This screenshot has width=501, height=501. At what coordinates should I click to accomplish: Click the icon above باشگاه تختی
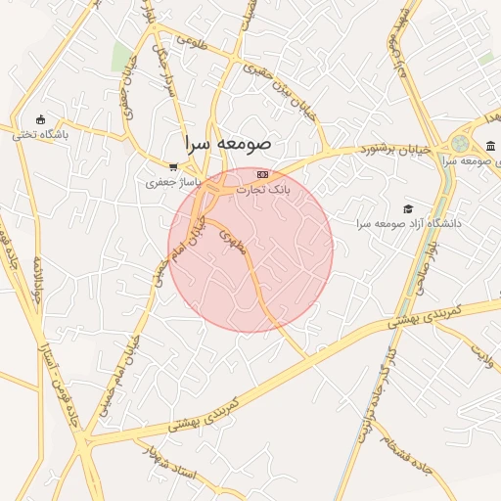point(40,118)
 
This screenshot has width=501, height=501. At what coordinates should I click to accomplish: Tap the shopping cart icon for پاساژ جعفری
point(173,167)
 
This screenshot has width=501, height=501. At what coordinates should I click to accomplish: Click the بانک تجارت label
point(264,188)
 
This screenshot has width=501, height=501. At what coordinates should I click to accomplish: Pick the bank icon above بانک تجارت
point(261,173)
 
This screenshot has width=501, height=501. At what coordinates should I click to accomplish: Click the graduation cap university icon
point(408,207)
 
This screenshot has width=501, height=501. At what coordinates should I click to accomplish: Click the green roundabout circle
point(459,145)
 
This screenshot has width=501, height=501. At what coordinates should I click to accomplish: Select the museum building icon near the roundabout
point(489,147)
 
